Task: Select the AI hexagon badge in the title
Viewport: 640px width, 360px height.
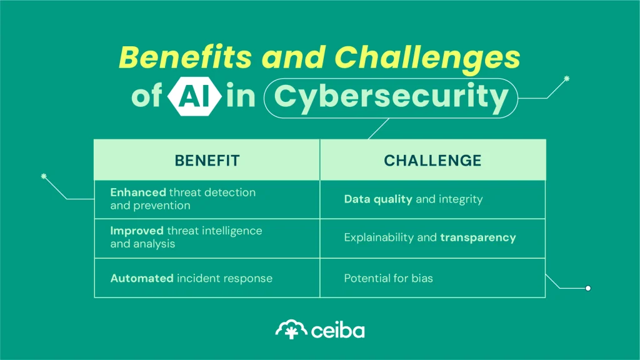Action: [194, 97]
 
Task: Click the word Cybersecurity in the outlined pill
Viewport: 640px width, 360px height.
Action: [391, 97]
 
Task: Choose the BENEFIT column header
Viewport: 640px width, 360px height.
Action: [207, 161]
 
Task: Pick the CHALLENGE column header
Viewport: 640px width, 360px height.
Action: [432, 161]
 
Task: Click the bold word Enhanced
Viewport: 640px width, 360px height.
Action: [138, 192]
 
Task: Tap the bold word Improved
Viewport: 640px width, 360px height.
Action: [137, 231]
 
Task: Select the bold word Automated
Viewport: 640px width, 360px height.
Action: [142, 278]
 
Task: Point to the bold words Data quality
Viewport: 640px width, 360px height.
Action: [378, 199]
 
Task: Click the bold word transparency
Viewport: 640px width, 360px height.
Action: [477, 237]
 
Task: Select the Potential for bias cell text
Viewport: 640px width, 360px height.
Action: [388, 278]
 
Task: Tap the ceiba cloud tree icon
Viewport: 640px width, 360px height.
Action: [291, 329]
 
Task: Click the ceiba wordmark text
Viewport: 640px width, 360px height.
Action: [337, 329]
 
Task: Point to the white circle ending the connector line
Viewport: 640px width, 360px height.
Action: [587, 288]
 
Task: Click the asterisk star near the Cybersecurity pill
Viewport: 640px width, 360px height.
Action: [567, 79]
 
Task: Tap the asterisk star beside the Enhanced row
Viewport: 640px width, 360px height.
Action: [44, 177]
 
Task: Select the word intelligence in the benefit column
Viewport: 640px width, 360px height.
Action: [231, 231]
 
